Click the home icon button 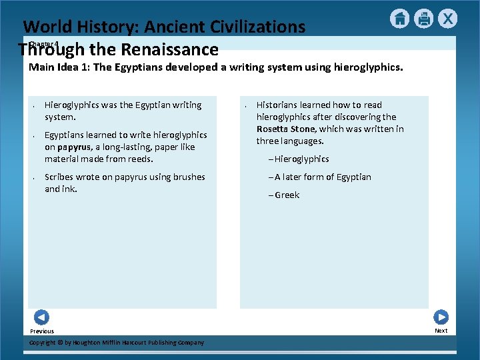[x=399, y=19]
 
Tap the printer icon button [x=423, y=19]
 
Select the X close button [x=447, y=19]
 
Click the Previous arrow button [x=41, y=317]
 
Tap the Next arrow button [x=441, y=317]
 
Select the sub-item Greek [x=287, y=195]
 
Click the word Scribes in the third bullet [x=59, y=177]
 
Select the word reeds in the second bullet [x=140, y=159]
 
